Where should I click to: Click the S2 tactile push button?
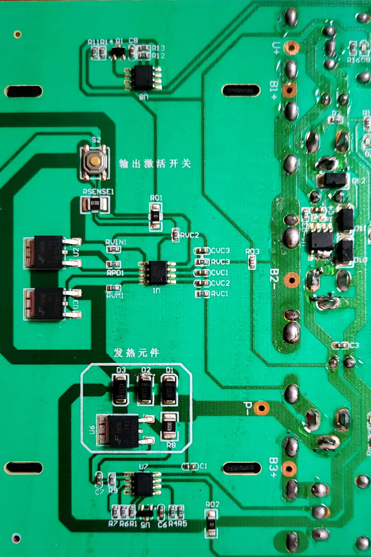coord(94,162)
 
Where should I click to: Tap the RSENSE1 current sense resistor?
coord(94,203)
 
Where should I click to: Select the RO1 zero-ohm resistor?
coord(156,216)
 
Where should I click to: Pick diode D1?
coord(169,390)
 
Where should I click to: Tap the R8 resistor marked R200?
coord(170,426)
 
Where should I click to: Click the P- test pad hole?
coord(261,408)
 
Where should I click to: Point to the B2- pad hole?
coord(291,280)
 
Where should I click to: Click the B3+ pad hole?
coord(289,469)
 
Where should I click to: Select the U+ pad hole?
coord(291,48)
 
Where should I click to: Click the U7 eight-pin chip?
coord(143,484)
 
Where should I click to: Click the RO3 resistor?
coord(252,262)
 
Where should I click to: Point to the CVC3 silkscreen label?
coord(220,250)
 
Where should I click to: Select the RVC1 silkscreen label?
coord(220,294)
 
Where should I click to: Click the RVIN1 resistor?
coord(113,249)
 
